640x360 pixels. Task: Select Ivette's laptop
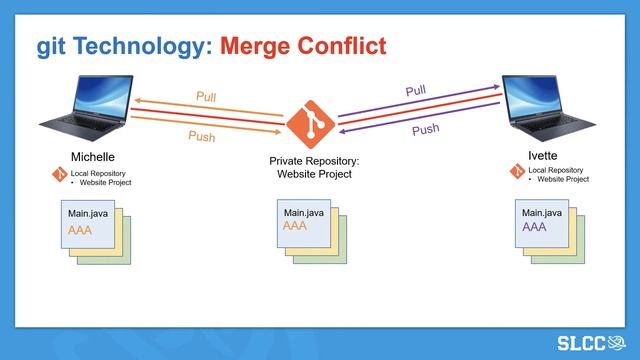tap(548, 107)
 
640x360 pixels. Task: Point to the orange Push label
tap(202, 136)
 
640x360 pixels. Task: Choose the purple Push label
tap(425, 129)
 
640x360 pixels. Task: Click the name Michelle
tap(93, 157)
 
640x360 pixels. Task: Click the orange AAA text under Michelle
tap(81, 230)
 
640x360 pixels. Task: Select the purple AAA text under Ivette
tap(534, 227)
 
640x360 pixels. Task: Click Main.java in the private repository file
tap(303, 212)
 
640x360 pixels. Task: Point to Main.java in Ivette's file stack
tap(541, 212)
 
